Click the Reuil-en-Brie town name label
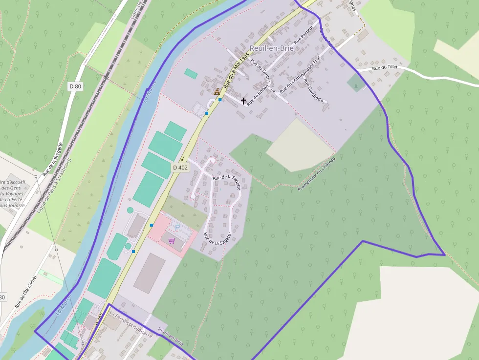tap(270, 48)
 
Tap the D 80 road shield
tap(75, 86)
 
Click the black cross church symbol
tap(243, 101)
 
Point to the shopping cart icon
tap(172, 240)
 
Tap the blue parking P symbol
tap(177, 228)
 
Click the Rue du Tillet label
tap(385, 68)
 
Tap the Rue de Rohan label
tap(258, 96)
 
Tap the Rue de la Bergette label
tap(53, 158)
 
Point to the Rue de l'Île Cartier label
tap(25, 292)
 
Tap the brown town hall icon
tap(217, 91)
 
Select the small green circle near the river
tap(130, 210)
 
